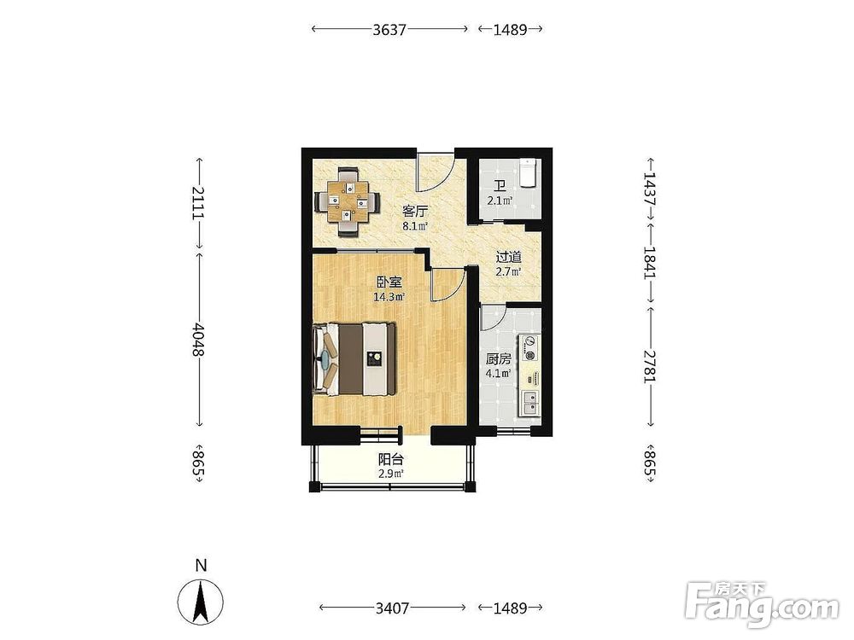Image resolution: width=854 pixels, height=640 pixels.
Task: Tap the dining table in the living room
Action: click(348, 202)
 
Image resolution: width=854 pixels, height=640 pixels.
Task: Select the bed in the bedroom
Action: click(354, 359)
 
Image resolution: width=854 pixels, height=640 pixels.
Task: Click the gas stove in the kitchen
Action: click(529, 349)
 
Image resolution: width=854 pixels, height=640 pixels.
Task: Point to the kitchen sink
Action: click(529, 403)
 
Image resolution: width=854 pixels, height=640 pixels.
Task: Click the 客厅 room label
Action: click(414, 211)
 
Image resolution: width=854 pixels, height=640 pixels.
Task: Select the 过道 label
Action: click(508, 256)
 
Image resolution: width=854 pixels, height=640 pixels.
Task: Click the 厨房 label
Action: click(499, 359)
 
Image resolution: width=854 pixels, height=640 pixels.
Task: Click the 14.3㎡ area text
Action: click(389, 297)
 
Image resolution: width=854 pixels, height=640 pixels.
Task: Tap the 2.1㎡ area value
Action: click(500, 201)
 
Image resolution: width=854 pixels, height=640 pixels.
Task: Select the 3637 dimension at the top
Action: click(389, 29)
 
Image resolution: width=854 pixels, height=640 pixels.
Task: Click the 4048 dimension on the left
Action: click(198, 340)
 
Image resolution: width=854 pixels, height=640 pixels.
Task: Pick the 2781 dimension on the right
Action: click(650, 366)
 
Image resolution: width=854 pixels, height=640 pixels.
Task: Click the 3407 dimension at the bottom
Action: click(392, 608)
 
